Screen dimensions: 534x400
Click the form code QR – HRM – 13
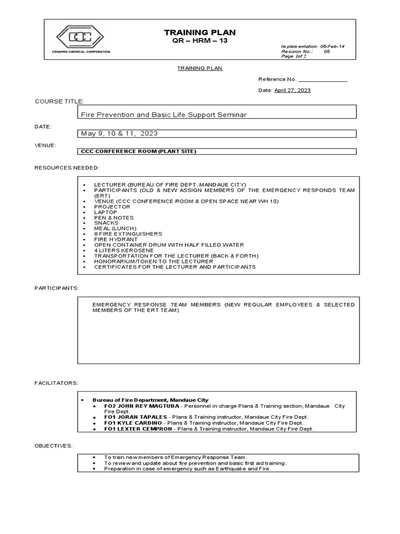coord(200,41)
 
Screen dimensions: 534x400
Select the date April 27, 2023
coord(292,90)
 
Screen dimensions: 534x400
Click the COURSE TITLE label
coord(59,101)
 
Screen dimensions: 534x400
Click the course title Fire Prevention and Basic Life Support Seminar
coord(163,114)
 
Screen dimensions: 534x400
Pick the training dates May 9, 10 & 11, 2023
coord(119,133)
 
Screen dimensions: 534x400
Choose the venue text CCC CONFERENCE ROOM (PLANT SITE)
coord(139,151)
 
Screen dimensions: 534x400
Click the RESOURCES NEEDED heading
coord(67,167)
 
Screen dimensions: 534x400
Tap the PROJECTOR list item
coord(112,207)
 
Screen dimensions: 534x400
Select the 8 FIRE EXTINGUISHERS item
coord(128,234)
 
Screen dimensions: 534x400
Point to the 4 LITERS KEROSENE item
coord(124,250)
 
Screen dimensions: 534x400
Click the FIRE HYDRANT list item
coord(116,239)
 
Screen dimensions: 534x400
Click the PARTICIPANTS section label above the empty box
coord(57,288)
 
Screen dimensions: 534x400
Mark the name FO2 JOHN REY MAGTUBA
coord(141,406)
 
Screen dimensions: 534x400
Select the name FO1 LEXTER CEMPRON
coord(138,429)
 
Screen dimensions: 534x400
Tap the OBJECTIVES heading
coord(54,446)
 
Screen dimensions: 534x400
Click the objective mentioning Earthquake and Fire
coord(187,468)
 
